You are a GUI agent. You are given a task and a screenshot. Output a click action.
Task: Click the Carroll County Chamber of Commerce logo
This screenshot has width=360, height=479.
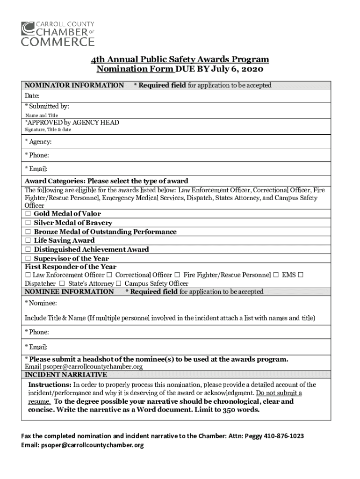coord(58,33)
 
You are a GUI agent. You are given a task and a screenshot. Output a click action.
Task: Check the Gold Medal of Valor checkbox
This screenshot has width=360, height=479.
coord(28,214)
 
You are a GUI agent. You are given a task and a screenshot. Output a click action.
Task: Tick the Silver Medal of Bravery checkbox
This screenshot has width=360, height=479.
coord(28,223)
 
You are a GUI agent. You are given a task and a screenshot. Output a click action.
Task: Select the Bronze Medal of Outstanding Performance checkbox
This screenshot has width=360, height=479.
coord(28,232)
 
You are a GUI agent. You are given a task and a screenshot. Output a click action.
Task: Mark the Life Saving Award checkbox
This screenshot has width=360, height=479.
coord(28,241)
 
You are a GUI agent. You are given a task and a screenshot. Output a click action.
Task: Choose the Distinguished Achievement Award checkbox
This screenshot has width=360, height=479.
coord(28,250)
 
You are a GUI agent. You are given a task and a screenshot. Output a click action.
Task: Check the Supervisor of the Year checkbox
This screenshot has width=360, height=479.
coord(28,259)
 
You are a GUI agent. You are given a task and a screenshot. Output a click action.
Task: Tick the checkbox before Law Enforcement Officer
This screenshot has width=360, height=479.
coord(28,275)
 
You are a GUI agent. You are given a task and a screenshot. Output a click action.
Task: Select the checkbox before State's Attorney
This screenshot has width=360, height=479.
coord(62,284)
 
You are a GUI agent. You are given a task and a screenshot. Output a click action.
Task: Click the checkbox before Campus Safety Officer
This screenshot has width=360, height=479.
coord(119,284)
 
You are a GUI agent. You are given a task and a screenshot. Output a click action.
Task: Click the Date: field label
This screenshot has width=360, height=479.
coord(32,96)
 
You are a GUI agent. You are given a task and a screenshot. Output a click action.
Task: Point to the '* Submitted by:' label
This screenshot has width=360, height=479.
coord(47,107)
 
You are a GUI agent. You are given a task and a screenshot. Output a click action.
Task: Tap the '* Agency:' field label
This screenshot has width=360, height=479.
coord(38,142)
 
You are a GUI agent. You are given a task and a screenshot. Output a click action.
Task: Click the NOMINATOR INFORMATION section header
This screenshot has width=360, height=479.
coord(74,86)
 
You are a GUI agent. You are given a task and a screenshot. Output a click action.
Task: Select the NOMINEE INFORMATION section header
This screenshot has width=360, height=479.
coord(69,292)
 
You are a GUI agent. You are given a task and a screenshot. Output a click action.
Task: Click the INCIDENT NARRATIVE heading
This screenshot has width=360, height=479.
coord(65,375)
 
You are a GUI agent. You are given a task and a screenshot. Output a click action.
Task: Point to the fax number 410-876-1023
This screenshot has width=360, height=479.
coord(284,436)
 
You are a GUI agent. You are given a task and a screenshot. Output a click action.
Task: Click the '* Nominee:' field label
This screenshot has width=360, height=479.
coord(41,304)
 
